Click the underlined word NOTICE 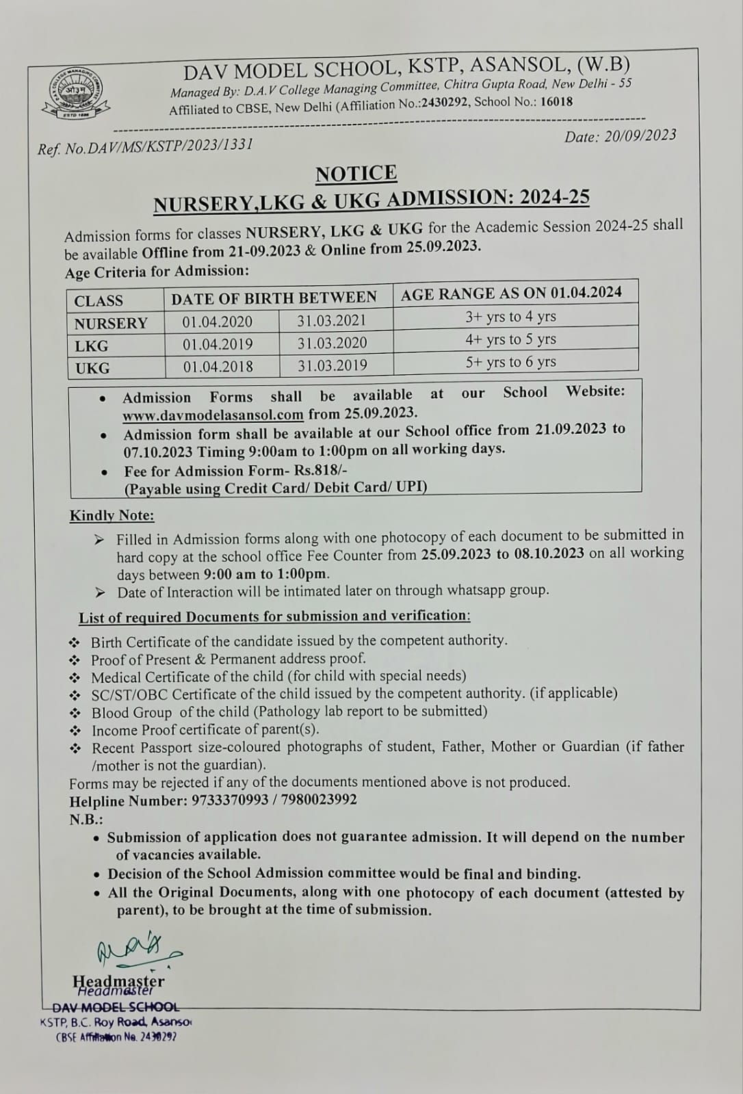(356, 174)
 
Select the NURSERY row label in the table (111, 323)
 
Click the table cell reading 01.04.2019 (218, 344)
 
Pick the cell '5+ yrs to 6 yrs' (510, 362)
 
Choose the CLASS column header (99, 301)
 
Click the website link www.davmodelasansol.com (213, 415)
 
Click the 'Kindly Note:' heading (112, 516)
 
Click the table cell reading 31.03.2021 (332, 320)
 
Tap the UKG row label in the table (92, 368)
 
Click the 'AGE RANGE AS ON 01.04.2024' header (511, 294)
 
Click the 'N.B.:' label (86, 819)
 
